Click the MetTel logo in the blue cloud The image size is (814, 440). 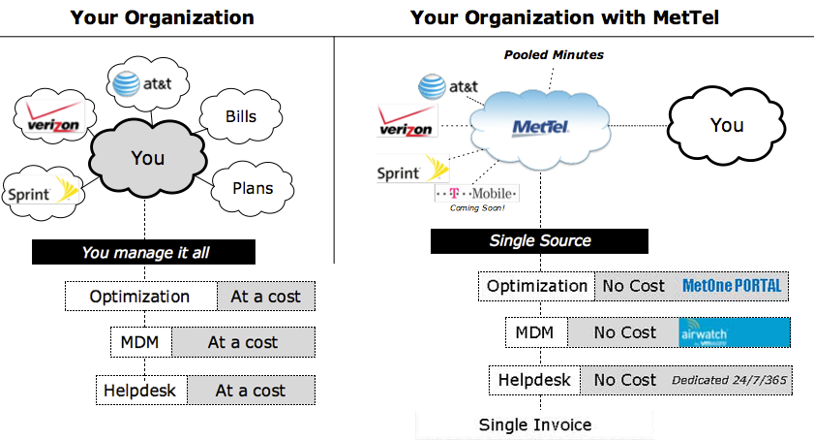(x=540, y=127)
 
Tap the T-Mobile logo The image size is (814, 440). (x=476, y=194)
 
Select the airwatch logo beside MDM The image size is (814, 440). (x=734, y=332)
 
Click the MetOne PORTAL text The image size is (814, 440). (x=732, y=286)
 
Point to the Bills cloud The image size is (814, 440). (x=241, y=116)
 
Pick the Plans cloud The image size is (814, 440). (x=253, y=188)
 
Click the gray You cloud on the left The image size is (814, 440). (x=148, y=158)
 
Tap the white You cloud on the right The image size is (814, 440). (x=726, y=125)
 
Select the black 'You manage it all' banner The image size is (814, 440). (x=143, y=252)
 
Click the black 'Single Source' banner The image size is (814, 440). (x=539, y=240)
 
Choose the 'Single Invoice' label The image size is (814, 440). (x=535, y=424)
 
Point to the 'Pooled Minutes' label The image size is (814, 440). (x=554, y=54)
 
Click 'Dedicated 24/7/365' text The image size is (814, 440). (x=730, y=380)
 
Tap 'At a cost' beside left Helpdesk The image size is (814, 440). (x=251, y=391)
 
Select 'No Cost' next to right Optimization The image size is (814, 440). (x=633, y=286)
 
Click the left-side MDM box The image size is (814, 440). (x=140, y=342)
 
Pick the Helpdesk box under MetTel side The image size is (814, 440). (x=534, y=380)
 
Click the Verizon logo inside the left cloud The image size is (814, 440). (x=53, y=116)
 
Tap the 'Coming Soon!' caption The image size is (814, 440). (x=477, y=208)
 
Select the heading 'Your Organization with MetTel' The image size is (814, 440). (x=564, y=17)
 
